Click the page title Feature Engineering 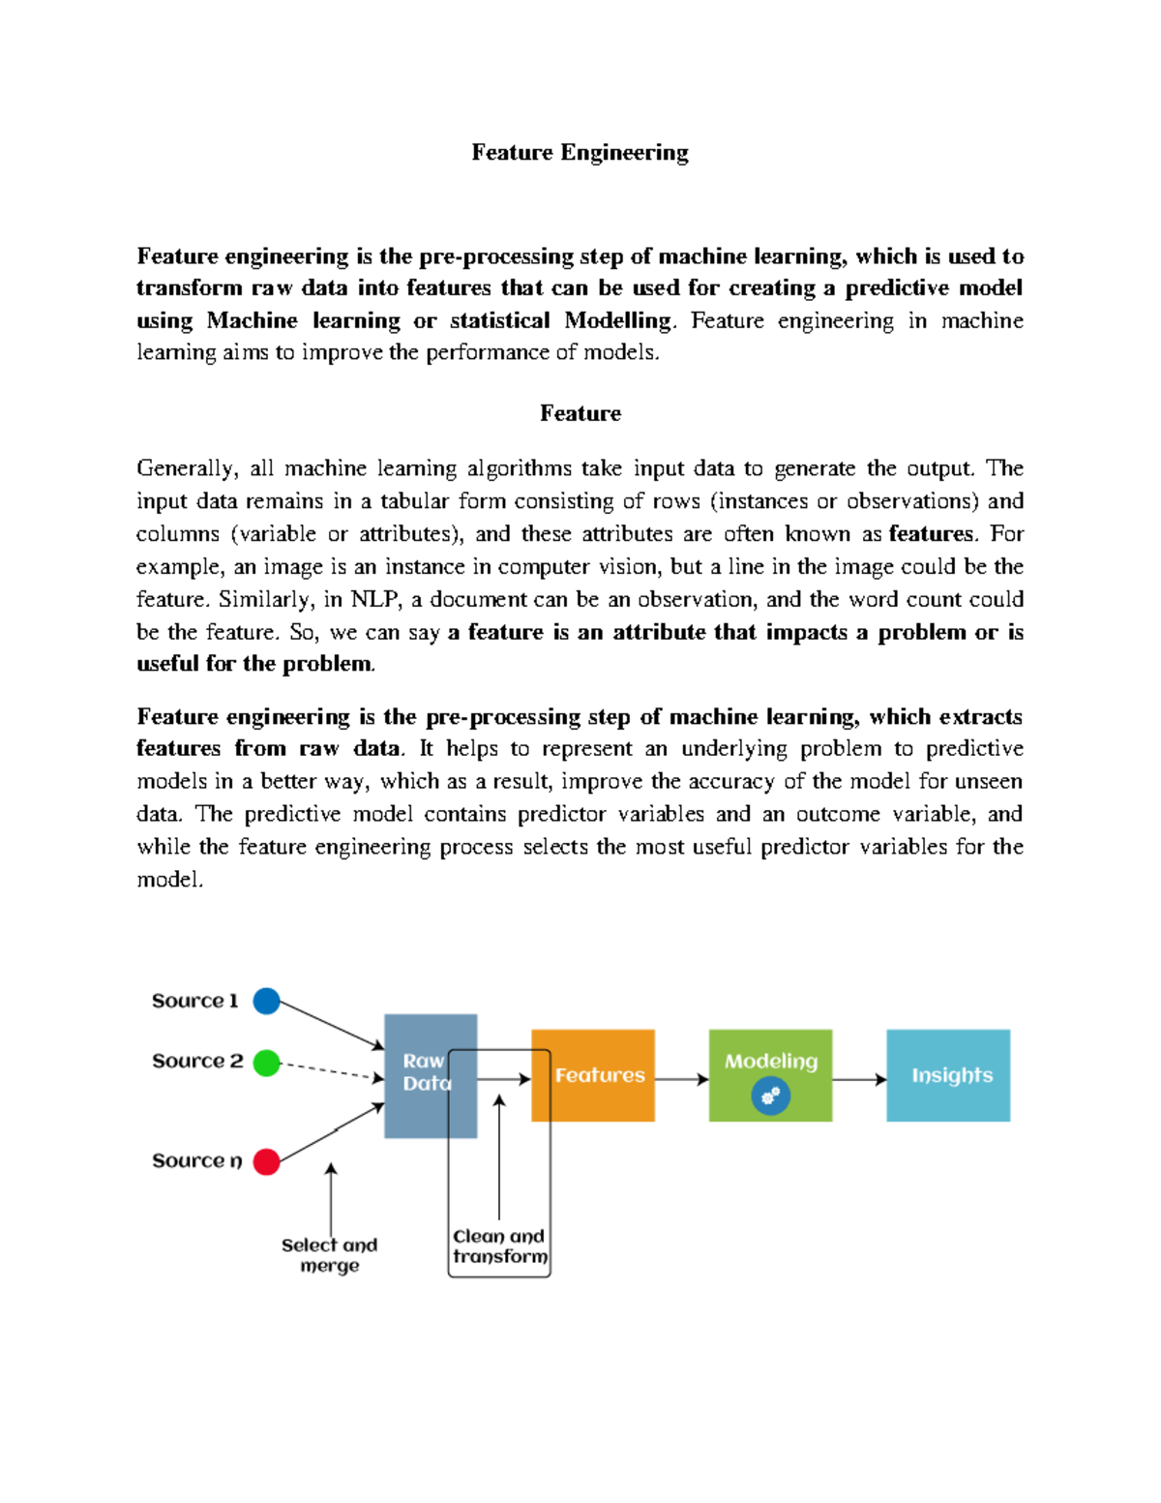[580, 153]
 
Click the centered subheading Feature [580, 413]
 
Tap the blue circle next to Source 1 [266, 1001]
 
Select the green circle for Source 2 [266, 1063]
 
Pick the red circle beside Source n [266, 1161]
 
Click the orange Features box [593, 1075]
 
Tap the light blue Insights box [948, 1075]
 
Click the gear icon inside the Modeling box [771, 1097]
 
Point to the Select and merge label [329, 1255]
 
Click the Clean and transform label [499, 1247]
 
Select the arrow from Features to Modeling [682, 1079]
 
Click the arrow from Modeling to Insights [859, 1079]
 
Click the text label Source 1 [194, 1001]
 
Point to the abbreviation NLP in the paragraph [375, 599]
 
